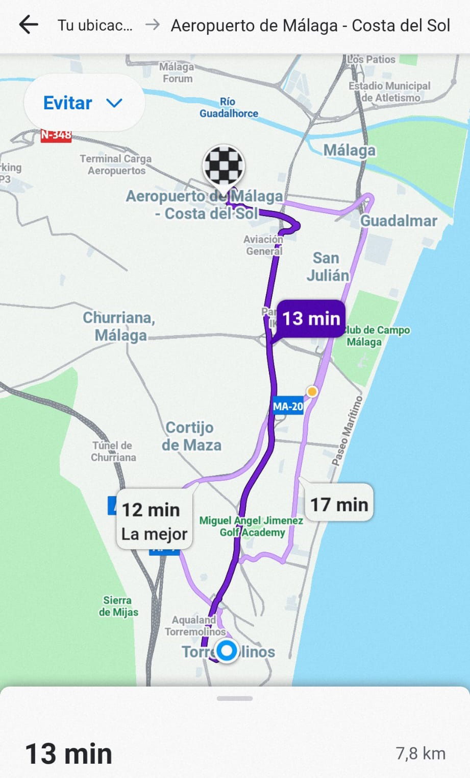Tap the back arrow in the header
29,25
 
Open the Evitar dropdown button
84,103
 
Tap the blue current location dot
227,651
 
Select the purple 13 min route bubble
311,319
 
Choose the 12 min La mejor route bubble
154,521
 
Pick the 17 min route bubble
339,504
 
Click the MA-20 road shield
288,407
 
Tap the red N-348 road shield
56,135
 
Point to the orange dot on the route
312,392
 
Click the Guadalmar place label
399,221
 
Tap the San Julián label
327,267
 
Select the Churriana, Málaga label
119,326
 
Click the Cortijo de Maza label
191,436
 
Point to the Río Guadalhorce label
229,107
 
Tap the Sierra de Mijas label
118,606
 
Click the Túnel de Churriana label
113,451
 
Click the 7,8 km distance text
420,753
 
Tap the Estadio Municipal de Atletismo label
390,91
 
